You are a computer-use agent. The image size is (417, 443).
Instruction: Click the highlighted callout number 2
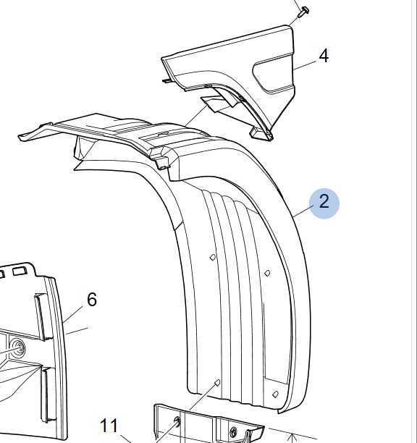(324, 203)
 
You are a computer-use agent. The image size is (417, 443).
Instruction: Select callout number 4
(324, 56)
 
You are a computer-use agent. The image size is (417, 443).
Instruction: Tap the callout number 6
(92, 299)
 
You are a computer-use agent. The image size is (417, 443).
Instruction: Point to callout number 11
(109, 426)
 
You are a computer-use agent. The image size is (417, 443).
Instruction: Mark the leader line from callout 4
(305, 64)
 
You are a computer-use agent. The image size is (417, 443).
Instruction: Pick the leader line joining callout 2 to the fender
(303, 211)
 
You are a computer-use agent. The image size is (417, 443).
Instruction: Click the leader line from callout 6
(72, 313)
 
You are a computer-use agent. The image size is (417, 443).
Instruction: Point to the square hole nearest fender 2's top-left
(213, 257)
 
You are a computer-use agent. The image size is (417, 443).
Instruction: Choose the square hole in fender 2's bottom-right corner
(275, 394)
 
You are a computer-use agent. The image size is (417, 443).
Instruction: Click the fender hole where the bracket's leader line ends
(217, 383)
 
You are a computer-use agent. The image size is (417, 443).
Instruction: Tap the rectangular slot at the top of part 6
(20, 271)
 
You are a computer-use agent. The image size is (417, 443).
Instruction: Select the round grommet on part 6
(17, 347)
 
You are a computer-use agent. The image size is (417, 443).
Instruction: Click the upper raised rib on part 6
(40, 316)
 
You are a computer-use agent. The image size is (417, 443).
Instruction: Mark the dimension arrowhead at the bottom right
(293, 437)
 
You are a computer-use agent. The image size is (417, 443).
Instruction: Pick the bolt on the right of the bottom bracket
(233, 432)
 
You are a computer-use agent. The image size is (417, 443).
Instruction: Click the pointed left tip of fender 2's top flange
(20, 138)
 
